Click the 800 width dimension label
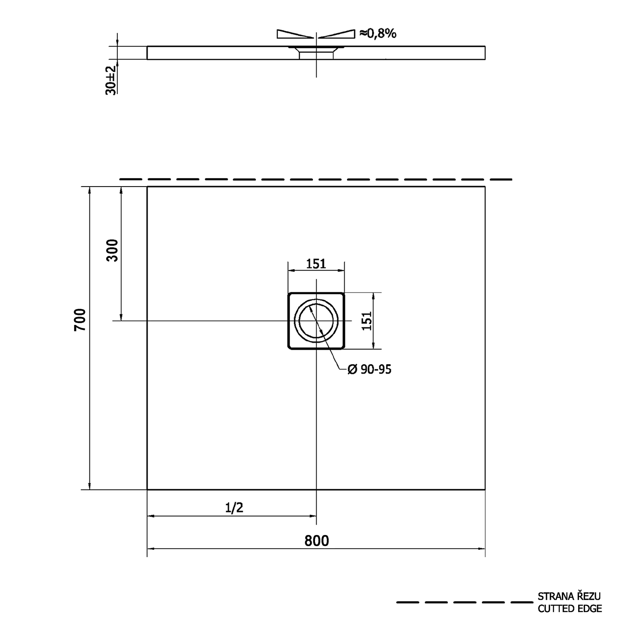point(317,541)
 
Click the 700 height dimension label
point(80,319)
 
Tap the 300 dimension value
point(112,250)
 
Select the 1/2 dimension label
point(234,508)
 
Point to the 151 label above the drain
point(316,264)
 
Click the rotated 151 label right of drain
point(367,321)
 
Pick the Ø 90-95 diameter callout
point(369,369)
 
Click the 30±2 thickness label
point(111,80)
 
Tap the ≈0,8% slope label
point(378,33)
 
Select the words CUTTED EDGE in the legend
point(570,608)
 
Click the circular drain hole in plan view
point(316,321)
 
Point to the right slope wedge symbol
point(337,34)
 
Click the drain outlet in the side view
point(316,53)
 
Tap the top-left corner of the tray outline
point(147,187)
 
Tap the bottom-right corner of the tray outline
point(485,489)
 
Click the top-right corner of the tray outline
point(485,187)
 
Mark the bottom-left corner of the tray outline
point(147,489)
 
